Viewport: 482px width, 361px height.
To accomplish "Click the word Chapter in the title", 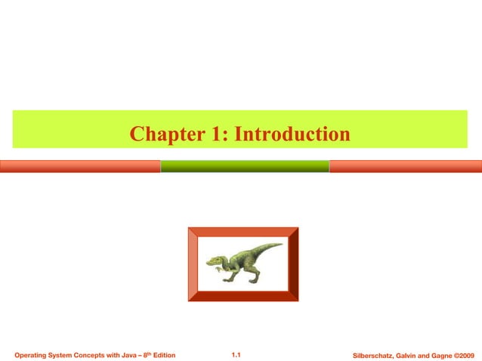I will pyautogui.click(x=163, y=135).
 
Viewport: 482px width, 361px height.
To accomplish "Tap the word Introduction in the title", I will pyautogui.click(x=293, y=135).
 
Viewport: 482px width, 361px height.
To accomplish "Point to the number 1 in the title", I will pyautogui.click(x=216, y=135).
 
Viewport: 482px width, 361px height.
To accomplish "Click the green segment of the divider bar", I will pyautogui.click(x=245, y=166).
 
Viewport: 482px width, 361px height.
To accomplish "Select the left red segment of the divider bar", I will pyautogui.click(x=79, y=166).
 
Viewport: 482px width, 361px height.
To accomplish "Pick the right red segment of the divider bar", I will pyautogui.click(x=406, y=166).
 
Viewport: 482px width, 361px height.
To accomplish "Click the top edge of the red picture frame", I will pyautogui.click(x=243, y=232).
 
